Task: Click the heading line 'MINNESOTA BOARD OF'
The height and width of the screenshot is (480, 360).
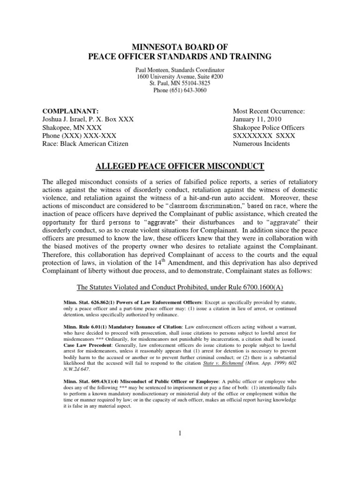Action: pyautogui.click(x=180, y=47)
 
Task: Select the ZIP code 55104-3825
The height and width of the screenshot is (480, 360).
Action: pyautogui.click(x=195, y=83)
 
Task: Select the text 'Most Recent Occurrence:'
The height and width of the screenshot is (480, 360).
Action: pyautogui.click(x=269, y=111)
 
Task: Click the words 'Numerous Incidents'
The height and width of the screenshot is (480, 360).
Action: pyautogui.click(x=261, y=143)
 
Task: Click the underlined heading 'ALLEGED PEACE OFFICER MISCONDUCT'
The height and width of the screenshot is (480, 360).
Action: pyautogui.click(x=180, y=166)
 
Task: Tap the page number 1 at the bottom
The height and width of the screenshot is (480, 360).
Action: pyautogui.click(x=180, y=433)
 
